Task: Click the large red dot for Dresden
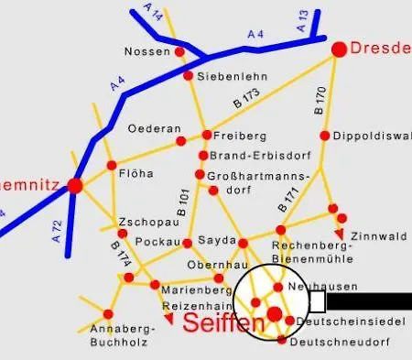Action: (339, 49)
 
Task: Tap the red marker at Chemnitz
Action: (75, 185)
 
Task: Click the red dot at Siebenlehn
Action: (188, 76)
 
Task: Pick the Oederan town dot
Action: (180, 141)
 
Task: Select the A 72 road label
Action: (57, 230)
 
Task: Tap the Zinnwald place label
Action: (378, 236)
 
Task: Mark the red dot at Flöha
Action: (112, 166)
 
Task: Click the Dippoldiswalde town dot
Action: (336, 136)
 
